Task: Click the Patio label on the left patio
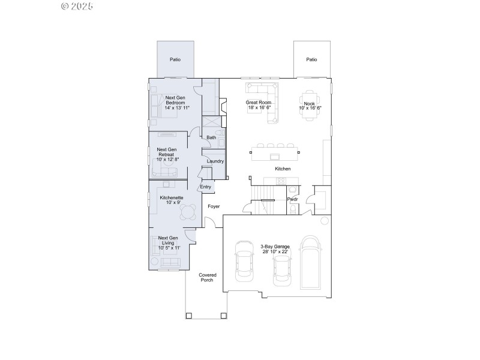175,60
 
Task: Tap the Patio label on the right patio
311,60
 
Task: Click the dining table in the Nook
308,105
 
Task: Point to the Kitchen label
283,169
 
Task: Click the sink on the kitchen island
275,156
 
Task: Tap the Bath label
211,138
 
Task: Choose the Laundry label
215,161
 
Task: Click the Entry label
206,187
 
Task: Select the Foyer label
214,206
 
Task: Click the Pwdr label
293,199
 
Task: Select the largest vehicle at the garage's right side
311,262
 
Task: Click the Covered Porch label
208,277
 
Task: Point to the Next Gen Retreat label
167,152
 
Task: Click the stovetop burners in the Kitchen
281,181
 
